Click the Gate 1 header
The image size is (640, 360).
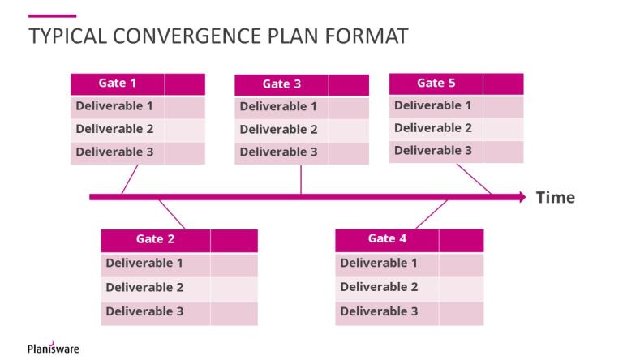[x=118, y=83]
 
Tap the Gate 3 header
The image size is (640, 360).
[x=281, y=84]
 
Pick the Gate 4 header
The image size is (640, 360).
[x=387, y=238]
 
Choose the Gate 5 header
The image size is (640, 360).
[x=436, y=83]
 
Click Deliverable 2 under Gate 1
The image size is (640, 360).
[x=114, y=129]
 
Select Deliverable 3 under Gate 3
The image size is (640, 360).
[x=278, y=152]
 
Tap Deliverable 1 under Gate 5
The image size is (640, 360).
[x=432, y=105]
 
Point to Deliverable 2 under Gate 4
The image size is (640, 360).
[x=379, y=287]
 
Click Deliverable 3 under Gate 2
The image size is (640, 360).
[x=144, y=311]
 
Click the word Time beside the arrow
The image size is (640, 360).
[x=555, y=197]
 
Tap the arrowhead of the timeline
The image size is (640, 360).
[x=521, y=196]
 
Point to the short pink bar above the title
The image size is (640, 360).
[x=52, y=15]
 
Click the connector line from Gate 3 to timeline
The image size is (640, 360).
[x=301, y=180]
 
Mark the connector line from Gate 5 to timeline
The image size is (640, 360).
[x=474, y=179]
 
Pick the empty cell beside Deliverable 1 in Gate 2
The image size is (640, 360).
[x=234, y=264]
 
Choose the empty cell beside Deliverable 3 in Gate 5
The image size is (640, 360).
[x=503, y=151]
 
